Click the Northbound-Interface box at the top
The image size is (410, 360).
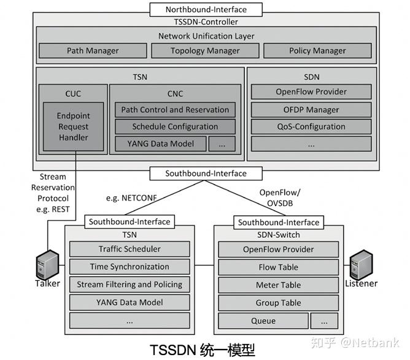206,9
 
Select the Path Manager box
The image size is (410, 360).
93,51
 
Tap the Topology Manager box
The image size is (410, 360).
205,51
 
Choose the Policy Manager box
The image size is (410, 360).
317,51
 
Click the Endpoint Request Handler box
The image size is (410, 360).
73,127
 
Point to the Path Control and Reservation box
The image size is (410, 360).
175,110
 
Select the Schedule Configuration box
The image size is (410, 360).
175,127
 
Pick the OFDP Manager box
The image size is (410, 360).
311,110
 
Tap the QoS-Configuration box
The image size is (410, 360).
311,127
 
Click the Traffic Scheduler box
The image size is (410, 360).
130,250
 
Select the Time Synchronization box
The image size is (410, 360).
130,267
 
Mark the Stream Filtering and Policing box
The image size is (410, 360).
130,285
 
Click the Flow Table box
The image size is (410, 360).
279,267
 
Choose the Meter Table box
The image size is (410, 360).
279,285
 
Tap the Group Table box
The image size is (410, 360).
279,303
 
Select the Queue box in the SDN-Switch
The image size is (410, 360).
263,321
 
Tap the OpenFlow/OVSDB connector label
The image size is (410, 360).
280,197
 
